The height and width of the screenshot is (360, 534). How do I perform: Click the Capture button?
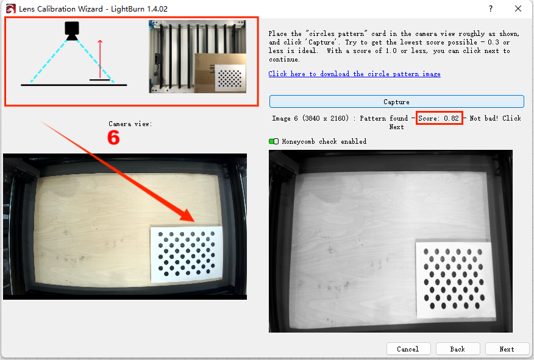pyautogui.click(x=396, y=102)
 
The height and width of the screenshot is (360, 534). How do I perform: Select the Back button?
pyautogui.click(x=458, y=349)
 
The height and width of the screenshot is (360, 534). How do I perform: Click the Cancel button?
pyautogui.click(x=408, y=349)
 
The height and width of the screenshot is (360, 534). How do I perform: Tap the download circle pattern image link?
pyautogui.click(x=354, y=74)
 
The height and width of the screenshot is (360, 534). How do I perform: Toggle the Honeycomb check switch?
pyautogui.click(x=274, y=141)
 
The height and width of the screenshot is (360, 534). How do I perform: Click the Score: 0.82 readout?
pyautogui.click(x=439, y=118)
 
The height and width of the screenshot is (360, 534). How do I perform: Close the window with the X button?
pyautogui.click(x=518, y=9)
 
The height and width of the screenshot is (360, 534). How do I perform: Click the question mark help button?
pyautogui.click(x=490, y=9)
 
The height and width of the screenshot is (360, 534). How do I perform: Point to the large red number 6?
pyautogui.click(x=113, y=138)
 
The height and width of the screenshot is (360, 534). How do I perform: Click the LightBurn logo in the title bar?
pyautogui.click(x=10, y=9)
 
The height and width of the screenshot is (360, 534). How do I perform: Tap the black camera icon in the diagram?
pyautogui.click(x=72, y=31)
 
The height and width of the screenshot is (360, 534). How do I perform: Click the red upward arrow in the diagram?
pyautogui.click(x=100, y=59)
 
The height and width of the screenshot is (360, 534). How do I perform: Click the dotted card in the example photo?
pyautogui.click(x=230, y=78)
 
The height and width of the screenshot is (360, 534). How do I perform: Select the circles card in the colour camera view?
pyautogui.click(x=187, y=254)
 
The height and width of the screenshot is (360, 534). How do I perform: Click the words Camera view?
pyautogui.click(x=130, y=124)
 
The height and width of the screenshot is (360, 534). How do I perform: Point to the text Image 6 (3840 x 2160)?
pyautogui.click(x=310, y=118)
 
